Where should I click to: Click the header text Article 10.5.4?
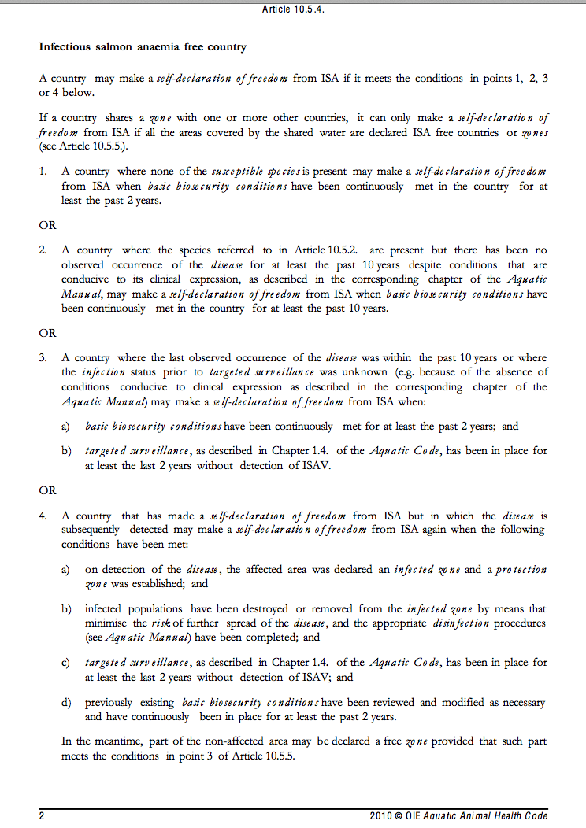pos(293,9)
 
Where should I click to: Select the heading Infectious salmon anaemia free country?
pos(143,47)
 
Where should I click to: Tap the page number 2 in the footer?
pos(42,815)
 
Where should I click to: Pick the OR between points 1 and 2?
pos(48,225)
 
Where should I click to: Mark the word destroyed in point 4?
pos(265,608)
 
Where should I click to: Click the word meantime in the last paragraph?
pos(107,741)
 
